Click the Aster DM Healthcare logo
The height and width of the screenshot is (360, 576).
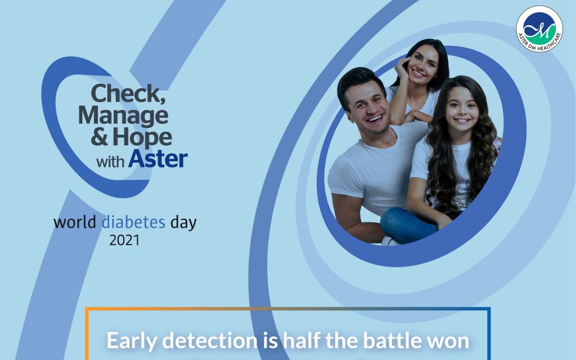(x=539, y=29)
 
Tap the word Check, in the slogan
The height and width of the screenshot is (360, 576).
(x=128, y=94)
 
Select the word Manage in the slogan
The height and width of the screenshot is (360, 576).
(x=123, y=116)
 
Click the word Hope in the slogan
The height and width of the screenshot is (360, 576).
(x=142, y=137)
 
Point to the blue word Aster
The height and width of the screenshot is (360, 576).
(x=158, y=159)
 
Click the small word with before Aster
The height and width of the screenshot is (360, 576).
(x=110, y=161)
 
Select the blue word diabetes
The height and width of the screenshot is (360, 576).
(x=133, y=222)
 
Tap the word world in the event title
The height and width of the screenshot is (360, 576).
(x=75, y=222)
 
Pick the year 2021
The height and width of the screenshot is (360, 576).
(x=124, y=241)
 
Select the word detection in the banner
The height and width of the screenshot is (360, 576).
(x=210, y=340)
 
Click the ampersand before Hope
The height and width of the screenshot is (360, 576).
(x=99, y=137)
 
